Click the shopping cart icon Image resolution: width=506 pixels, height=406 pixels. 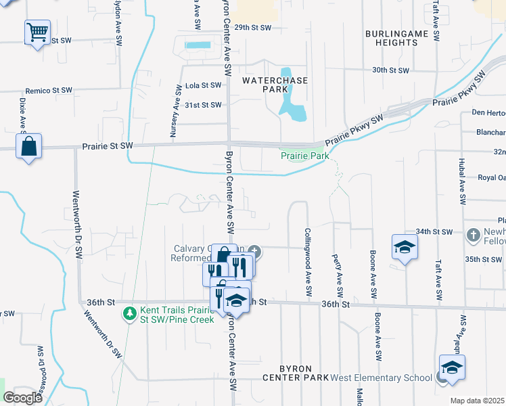(x=38, y=32)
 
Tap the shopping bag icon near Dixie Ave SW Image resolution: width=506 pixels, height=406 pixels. (x=29, y=146)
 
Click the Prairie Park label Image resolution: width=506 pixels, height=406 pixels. (x=305, y=156)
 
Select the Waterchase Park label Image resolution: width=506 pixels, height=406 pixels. (x=275, y=85)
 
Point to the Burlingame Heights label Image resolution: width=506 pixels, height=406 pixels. (x=391, y=38)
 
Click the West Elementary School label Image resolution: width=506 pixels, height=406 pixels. (x=381, y=378)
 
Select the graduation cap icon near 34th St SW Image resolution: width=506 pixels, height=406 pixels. (x=405, y=248)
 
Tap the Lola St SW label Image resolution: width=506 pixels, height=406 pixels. (x=203, y=86)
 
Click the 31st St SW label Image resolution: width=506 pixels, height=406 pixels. (x=203, y=105)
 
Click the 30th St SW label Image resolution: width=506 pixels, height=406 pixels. (x=391, y=70)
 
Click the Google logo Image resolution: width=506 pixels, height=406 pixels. (x=23, y=398)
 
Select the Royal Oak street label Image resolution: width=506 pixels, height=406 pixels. (x=492, y=178)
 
